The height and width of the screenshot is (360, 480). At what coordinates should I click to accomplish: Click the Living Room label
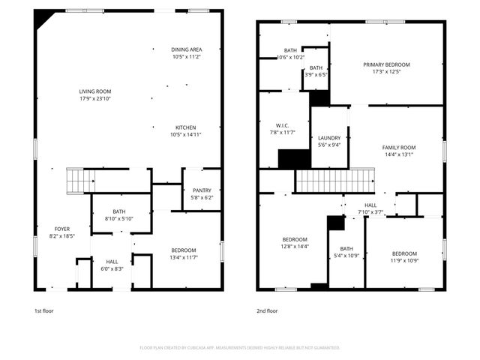(95, 91)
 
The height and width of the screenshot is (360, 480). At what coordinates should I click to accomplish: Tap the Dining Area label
(186, 49)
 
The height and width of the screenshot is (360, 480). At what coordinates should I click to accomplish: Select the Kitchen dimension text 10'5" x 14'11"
(186, 135)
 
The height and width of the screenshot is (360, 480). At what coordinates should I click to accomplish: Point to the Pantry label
(202, 190)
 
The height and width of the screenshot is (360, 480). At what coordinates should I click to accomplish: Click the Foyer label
(62, 229)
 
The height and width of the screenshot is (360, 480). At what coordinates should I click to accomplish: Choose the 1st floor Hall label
(111, 262)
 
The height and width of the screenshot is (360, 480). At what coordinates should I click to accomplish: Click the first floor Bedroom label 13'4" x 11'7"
(183, 250)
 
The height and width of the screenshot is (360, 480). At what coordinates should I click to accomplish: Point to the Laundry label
(329, 138)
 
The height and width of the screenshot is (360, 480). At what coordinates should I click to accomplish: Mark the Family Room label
(398, 147)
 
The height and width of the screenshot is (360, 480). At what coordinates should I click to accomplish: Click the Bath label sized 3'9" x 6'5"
(316, 67)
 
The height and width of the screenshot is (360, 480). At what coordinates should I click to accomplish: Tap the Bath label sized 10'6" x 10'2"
(290, 50)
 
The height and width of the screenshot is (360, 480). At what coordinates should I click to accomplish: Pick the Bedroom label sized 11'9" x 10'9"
(403, 253)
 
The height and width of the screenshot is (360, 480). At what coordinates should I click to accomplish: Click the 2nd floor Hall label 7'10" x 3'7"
(371, 205)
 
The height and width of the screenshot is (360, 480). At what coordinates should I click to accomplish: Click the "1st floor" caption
(44, 310)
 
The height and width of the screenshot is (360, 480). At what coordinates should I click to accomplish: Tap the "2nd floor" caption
(267, 310)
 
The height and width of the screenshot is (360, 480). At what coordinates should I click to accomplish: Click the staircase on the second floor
(335, 181)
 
